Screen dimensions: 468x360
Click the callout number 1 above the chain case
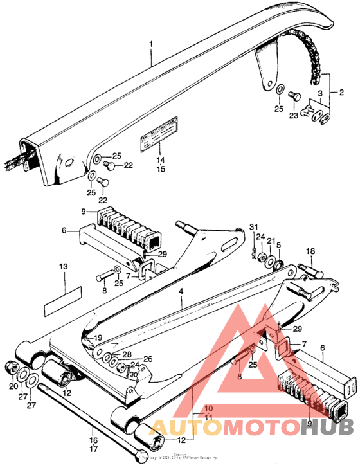pyautogui.click(x=151, y=45)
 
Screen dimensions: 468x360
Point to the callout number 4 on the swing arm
pyautogui.click(x=182, y=291)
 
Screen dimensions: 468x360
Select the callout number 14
pyautogui.click(x=160, y=159)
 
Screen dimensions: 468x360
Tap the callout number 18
pyautogui.click(x=310, y=251)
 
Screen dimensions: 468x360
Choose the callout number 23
pyautogui.click(x=294, y=116)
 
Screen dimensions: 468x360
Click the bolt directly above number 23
pyautogui.click(x=295, y=96)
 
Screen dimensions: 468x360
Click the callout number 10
pyautogui.click(x=208, y=408)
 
